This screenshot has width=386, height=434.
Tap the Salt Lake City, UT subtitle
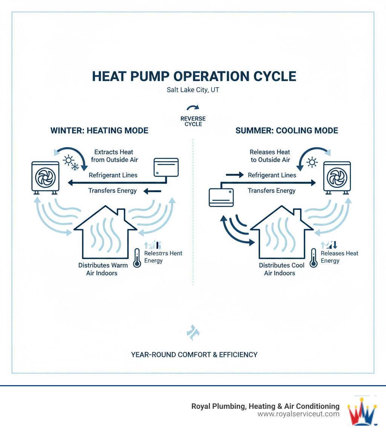[193, 91]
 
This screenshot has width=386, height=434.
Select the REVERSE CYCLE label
[193, 121]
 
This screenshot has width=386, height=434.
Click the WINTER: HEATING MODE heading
[99, 131]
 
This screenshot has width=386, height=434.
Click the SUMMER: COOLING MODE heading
[286, 131]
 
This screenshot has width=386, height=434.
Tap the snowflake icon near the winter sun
[75, 165]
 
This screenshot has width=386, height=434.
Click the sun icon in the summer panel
[312, 163]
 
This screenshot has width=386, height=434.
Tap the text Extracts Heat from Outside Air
[114, 156]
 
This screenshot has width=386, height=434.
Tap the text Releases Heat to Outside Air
[270, 156]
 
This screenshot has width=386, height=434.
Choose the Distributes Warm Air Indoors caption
[103, 269]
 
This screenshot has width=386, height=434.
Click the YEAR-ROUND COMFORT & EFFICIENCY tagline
[194, 354]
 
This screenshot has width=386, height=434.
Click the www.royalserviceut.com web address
[298, 414]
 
